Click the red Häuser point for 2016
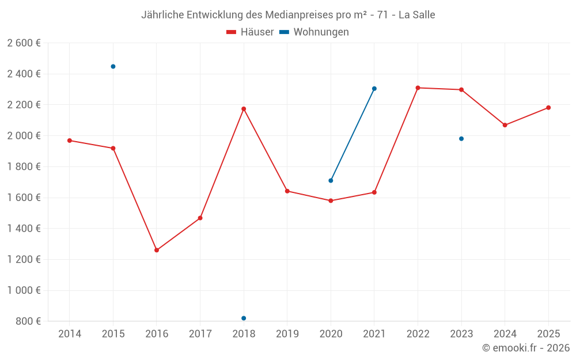tap(157, 250)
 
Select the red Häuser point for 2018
tap(244, 109)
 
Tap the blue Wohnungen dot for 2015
tap(113, 67)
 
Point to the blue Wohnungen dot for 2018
tap(244, 318)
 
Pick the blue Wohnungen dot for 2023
tap(461, 139)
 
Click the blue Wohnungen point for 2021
tap(374, 89)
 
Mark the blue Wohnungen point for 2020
tap(331, 180)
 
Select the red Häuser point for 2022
tap(418, 88)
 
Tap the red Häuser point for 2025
tap(548, 108)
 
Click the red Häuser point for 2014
tap(70, 141)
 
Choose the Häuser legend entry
tap(250, 32)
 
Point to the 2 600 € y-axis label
tap(24, 43)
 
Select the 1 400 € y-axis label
tap(24, 229)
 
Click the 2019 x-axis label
tap(287, 334)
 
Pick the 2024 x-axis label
tap(505, 334)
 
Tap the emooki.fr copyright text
tap(526, 348)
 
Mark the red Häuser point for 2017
tap(200, 218)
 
